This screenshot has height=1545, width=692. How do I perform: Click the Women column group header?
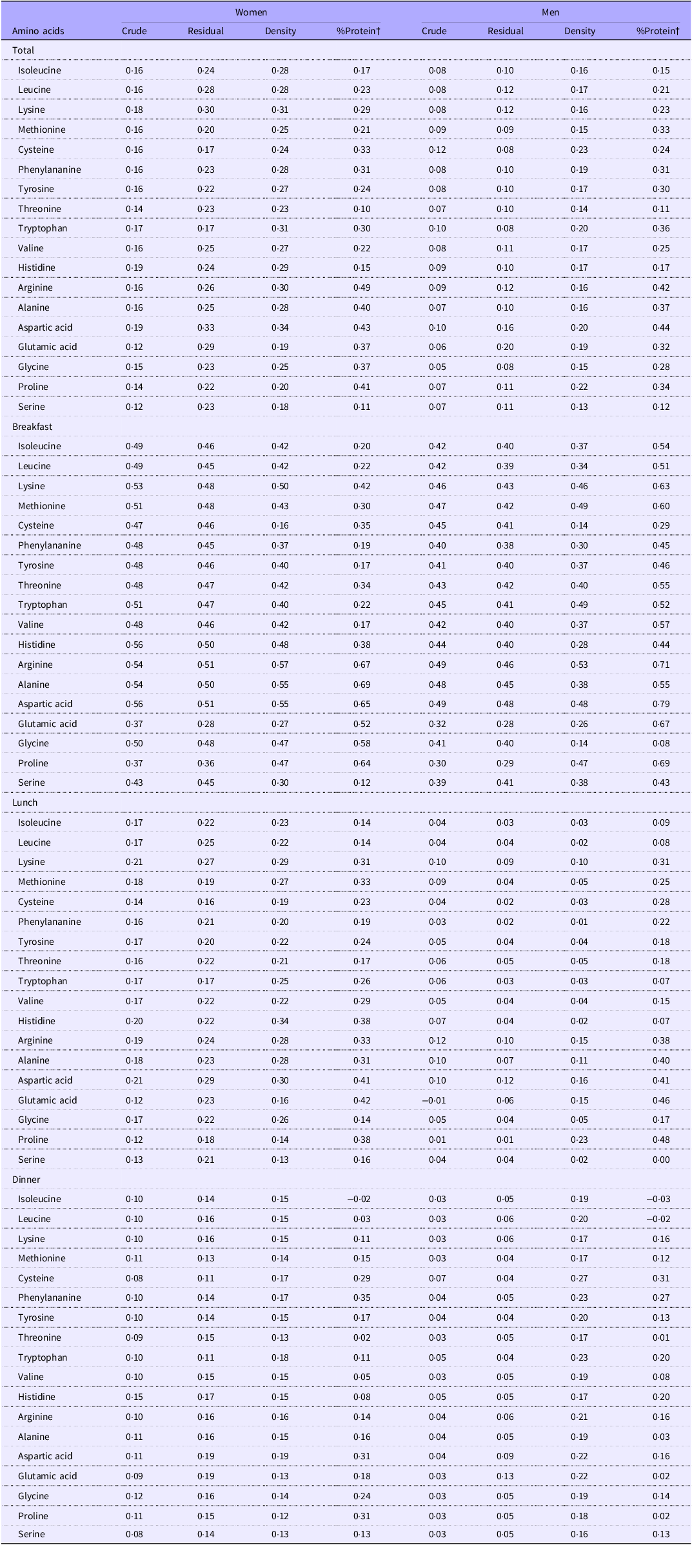(x=251, y=12)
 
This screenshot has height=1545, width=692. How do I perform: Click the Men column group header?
(x=550, y=12)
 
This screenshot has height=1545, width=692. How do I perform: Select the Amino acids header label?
(x=38, y=31)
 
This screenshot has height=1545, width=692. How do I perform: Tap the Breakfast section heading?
(x=32, y=427)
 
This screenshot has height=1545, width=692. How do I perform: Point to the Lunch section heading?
(x=25, y=802)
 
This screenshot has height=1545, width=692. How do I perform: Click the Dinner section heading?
(x=26, y=1180)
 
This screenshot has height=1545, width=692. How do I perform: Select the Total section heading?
(x=23, y=50)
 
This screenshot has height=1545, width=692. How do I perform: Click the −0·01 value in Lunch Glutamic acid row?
(x=433, y=1100)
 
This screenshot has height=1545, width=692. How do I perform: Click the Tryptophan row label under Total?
(x=43, y=228)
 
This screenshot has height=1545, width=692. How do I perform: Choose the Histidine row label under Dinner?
(x=37, y=1397)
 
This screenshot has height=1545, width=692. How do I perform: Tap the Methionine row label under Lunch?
(x=42, y=882)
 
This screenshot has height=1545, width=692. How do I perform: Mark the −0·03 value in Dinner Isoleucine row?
(x=658, y=1199)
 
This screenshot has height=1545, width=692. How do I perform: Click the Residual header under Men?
(x=506, y=31)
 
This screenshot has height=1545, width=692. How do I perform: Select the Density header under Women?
(x=281, y=31)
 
